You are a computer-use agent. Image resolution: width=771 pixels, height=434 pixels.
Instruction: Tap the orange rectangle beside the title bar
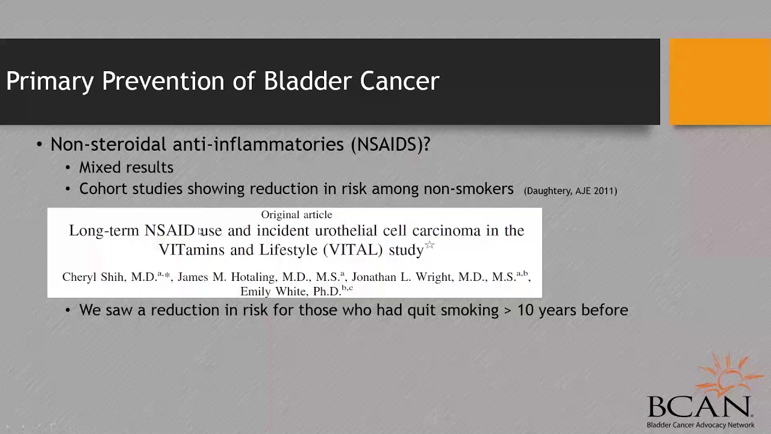pos(720,82)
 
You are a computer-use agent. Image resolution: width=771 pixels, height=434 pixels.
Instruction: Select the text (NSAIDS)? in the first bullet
pos(390,145)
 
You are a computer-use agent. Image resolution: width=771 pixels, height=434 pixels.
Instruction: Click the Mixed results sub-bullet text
pos(126,168)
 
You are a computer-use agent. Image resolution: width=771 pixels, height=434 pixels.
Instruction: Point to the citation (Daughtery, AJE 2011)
pos(570,191)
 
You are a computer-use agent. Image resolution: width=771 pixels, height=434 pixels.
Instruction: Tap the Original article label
pos(296,215)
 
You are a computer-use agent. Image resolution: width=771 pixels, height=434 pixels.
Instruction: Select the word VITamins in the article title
pos(192,250)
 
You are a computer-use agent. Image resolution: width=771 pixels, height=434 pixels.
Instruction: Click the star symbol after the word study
pos(429,245)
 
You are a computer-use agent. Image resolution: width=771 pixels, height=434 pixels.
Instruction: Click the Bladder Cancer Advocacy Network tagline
pos(700,425)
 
